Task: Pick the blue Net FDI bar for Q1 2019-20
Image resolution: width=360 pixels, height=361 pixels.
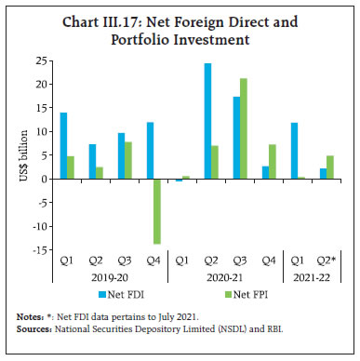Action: point(62,145)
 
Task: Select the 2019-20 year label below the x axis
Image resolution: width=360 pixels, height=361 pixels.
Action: point(96,275)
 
